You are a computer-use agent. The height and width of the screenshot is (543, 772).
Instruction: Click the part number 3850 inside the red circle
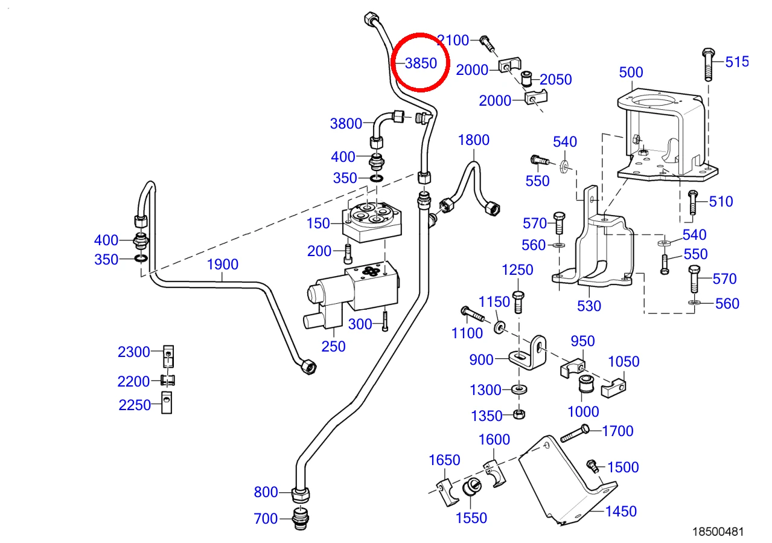(x=421, y=63)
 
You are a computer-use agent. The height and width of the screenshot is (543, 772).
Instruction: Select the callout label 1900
(x=222, y=265)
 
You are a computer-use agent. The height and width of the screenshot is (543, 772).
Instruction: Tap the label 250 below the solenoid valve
(x=333, y=346)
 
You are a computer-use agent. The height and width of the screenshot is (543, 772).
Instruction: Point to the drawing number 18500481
(x=718, y=532)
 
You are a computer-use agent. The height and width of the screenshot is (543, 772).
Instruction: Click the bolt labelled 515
(x=708, y=65)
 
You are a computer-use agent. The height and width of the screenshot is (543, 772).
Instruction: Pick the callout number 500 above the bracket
(x=631, y=72)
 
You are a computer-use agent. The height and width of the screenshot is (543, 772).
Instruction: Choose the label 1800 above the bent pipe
(x=474, y=140)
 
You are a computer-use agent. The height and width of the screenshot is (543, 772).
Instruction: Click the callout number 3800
(x=346, y=123)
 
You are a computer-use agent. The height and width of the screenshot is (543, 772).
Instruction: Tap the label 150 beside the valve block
(x=318, y=223)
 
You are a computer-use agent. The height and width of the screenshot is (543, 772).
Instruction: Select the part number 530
(x=589, y=306)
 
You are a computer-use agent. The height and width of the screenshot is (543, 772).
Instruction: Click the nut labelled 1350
(x=519, y=414)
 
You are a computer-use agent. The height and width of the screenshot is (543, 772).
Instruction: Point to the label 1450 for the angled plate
(x=620, y=511)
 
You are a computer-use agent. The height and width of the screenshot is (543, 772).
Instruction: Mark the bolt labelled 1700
(x=575, y=434)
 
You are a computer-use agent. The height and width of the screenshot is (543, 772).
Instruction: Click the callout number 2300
(x=134, y=352)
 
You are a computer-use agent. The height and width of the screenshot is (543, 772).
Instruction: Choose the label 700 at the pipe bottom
(x=266, y=518)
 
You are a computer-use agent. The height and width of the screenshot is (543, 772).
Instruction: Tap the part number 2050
(x=555, y=80)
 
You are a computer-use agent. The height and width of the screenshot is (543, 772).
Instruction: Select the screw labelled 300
(x=385, y=321)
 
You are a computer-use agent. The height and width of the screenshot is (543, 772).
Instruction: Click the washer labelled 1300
(x=519, y=390)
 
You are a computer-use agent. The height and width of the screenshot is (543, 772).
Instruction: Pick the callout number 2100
(x=453, y=40)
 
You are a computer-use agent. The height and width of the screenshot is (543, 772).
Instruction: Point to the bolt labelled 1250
(x=518, y=302)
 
